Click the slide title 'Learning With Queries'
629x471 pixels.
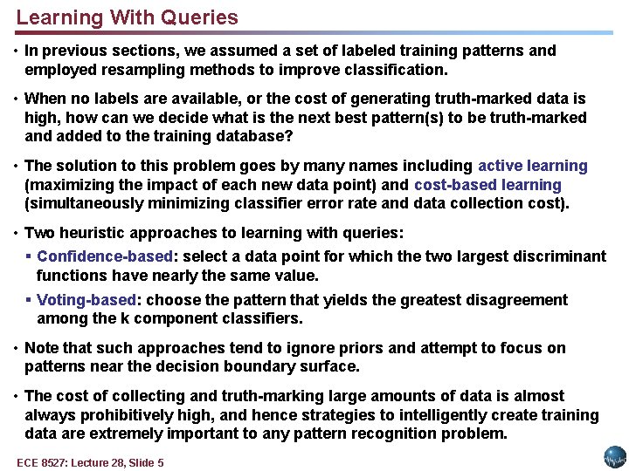pyautogui.click(x=127, y=17)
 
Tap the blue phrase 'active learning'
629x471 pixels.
pyautogui.click(x=533, y=166)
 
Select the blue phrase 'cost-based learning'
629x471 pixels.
pyautogui.click(x=487, y=185)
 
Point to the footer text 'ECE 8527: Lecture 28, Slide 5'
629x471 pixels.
pyautogui.click(x=90, y=462)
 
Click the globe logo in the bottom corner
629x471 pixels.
pyautogui.click(x=615, y=456)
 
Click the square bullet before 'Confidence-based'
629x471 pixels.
pyautogui.click(x=29, y=256)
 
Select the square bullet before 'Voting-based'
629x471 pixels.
pyautogui.click(x=29, y=300)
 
